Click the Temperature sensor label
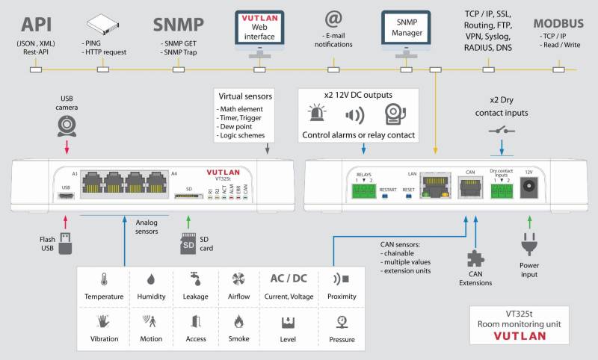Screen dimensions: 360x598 (103, 297)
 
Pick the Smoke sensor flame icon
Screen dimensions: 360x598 (238, 322)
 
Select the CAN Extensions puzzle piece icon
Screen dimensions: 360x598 (475, 258)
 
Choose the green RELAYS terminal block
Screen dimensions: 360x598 (364, 191)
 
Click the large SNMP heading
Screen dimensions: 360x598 (178, 24)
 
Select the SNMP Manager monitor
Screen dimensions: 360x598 (406, 28)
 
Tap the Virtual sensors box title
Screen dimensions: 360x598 (245, 96)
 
